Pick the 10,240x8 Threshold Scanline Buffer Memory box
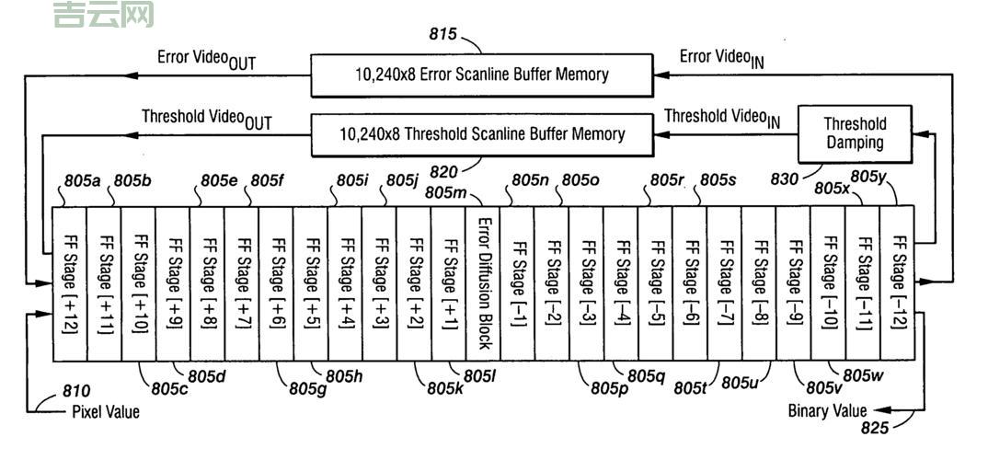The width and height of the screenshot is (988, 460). (x=482, y=134)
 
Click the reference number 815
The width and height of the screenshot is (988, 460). (x=443, y=34)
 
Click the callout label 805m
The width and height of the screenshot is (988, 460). (x=446, y=193)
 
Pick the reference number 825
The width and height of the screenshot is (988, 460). (x=876, y=428)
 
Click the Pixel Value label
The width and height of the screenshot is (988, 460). (x=106, y=412)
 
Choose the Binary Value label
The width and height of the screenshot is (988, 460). (x=827, y=410)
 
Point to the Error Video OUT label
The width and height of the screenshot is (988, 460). (x=206, y=59)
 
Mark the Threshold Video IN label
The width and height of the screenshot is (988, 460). (x=722, y=118)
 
